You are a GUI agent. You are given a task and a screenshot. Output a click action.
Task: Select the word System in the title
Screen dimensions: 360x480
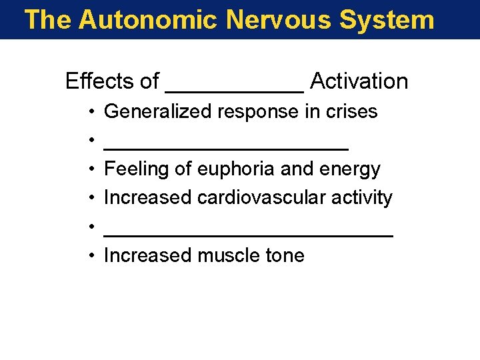pyautogui.click(x=387, y=19)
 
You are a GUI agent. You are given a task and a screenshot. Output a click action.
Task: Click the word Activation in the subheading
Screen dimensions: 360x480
pyautogui.click(x=359, y=81)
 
